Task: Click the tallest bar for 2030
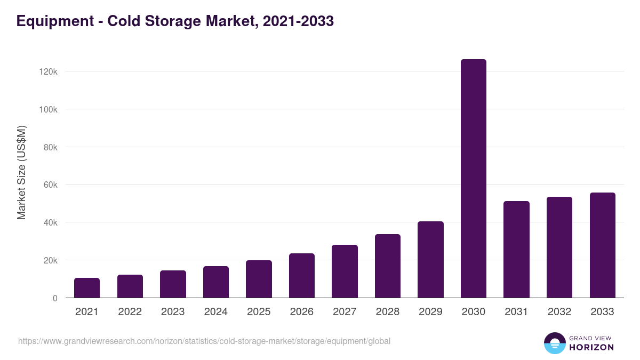[x=473, y=179]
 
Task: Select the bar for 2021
[x=87, y=288]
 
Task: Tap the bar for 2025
[x=259, y=279]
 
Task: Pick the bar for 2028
[x=388, y=266]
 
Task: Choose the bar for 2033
[x=602, y=245]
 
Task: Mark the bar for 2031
[x=516, y=250]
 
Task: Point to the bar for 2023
[x=173, y=284]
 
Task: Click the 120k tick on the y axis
[x=49, y=71]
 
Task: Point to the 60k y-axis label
[x=50, y=185]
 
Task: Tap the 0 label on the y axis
[x=55, y=298]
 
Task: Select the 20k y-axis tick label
[x=50, y=260]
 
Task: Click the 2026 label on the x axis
[x=301, y=312]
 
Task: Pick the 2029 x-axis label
[x=430, y=312]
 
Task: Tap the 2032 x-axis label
[x=559, y=312]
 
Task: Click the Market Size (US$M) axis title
[x=21, y=172]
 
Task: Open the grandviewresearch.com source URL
[x=204, y=341]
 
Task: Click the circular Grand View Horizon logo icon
[x=555, y=343]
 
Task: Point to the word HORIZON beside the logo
[x=591, y=347]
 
